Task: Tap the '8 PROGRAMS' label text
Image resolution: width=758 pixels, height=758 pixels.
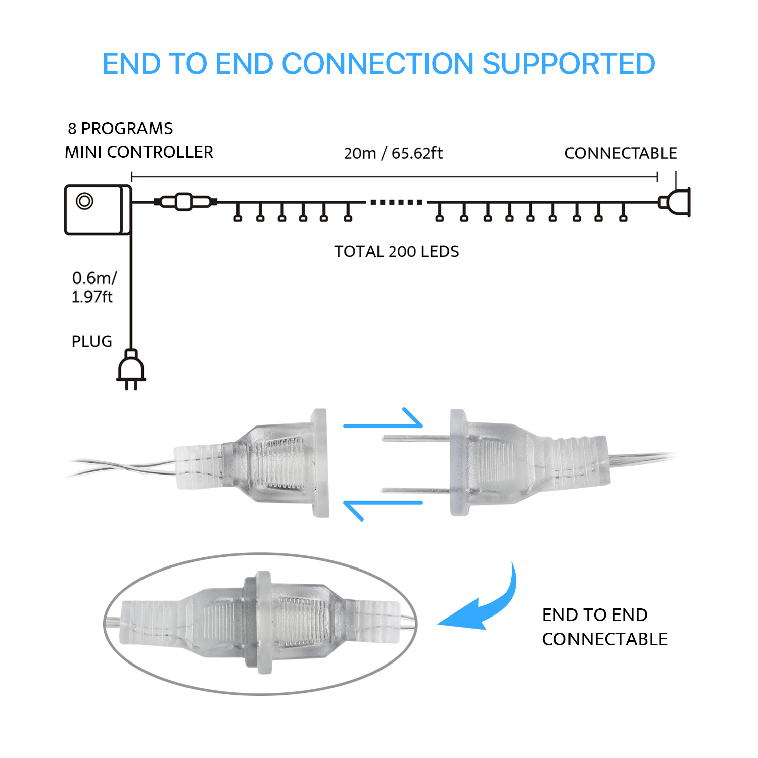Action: click(120, 129)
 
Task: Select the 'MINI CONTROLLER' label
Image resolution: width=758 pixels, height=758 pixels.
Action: click(139, 152)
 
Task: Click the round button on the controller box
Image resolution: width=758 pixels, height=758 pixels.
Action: click(84, 201)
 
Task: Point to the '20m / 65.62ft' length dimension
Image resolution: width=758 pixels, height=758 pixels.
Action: click(393, 153)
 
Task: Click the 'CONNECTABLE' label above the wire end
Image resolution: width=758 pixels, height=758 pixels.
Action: click(621, 153)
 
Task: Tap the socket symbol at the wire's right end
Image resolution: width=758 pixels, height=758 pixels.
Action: click(675, 202)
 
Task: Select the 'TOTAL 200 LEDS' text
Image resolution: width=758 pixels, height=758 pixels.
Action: click(397, 251)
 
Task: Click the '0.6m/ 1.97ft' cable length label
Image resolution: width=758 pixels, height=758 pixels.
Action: click(94, 287)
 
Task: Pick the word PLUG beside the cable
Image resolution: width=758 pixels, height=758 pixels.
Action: click(92, 341)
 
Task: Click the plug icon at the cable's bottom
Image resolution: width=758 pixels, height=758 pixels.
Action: click(131, 369)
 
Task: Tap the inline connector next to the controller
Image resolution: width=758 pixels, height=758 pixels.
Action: click(185, 202)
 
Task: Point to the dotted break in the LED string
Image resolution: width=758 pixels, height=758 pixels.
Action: click(396, 202)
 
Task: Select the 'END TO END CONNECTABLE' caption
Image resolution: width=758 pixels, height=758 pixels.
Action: click(605, 627)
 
